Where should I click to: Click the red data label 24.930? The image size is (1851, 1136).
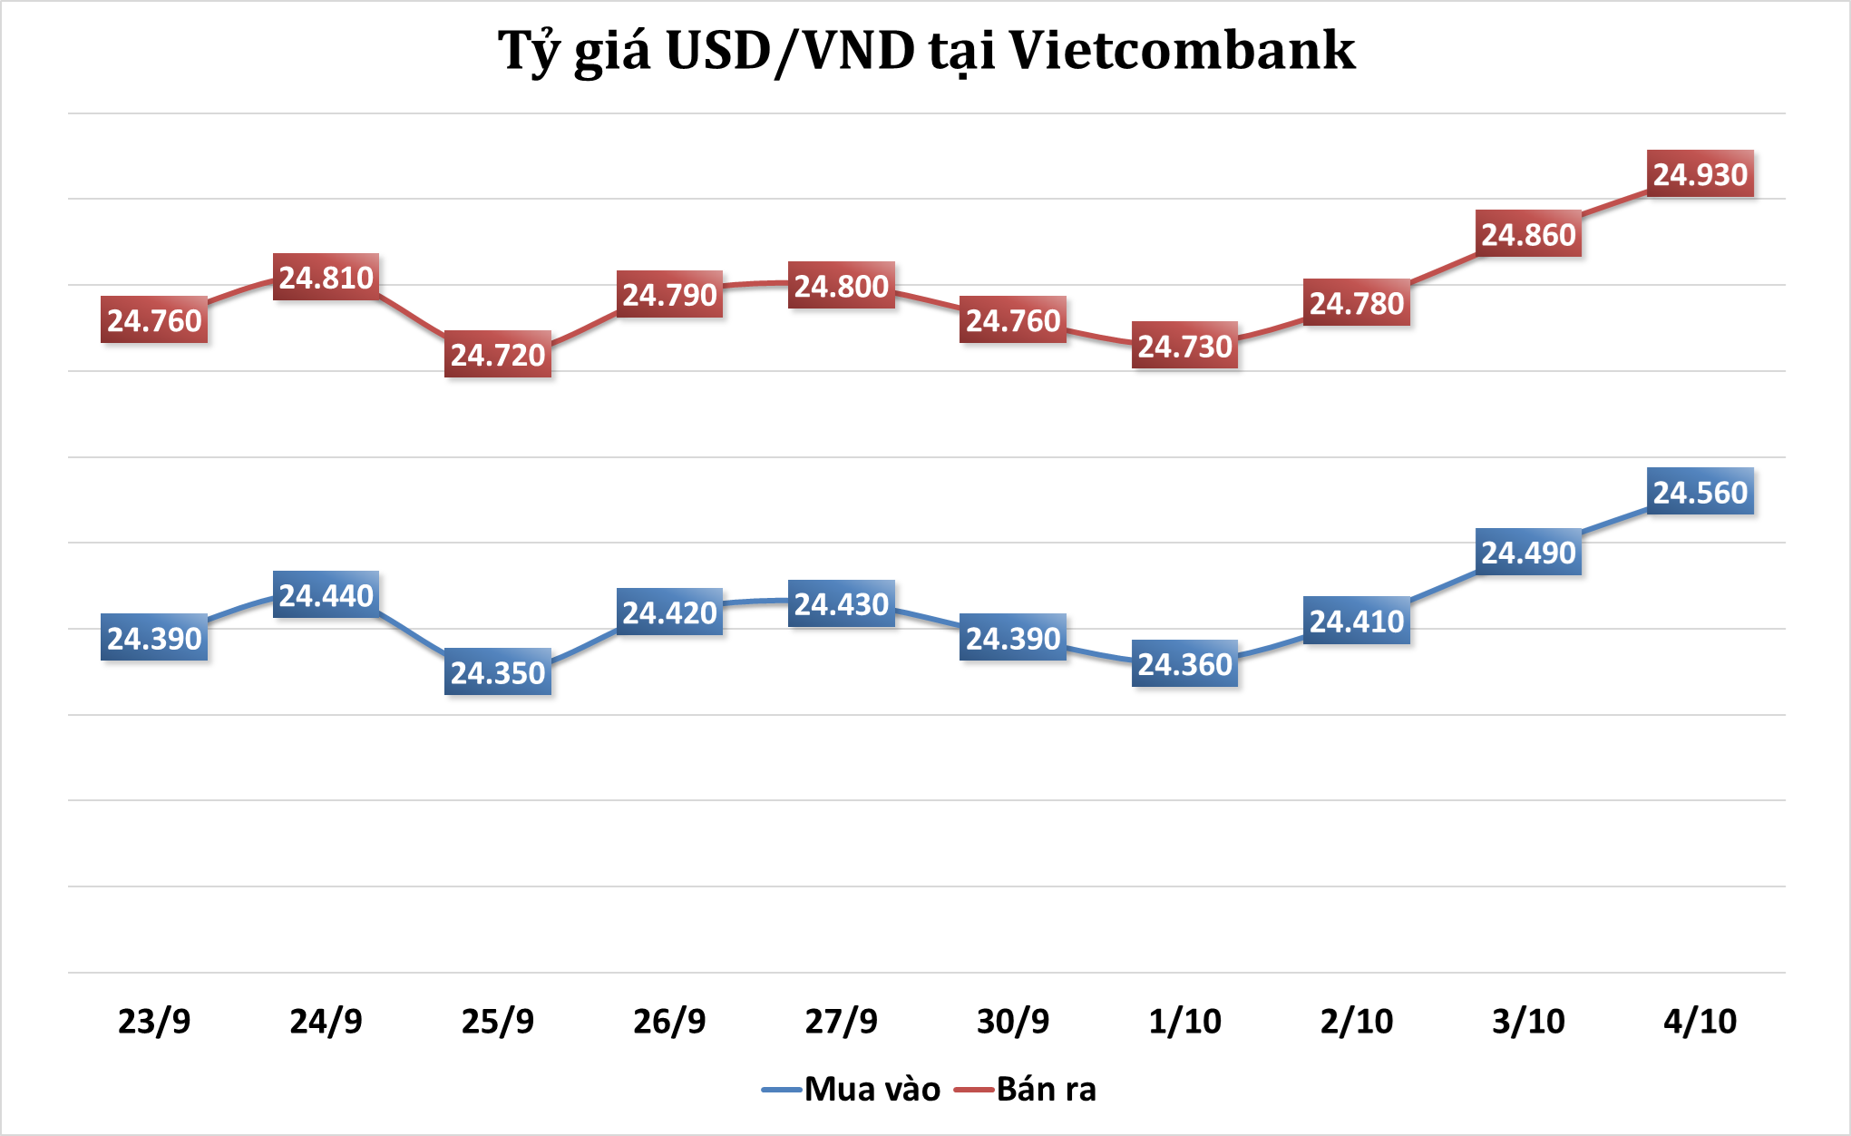pos(1700,173)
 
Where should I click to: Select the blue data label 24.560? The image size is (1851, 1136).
pos(1700,492)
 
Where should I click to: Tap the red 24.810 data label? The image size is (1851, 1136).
pos(326,277)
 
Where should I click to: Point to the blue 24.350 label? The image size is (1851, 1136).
pos(497,672)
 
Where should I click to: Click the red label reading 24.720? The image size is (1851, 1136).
pos(497,354)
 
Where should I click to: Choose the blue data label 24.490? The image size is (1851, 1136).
pos(1528,552)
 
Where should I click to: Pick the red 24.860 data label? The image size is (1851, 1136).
pos(1528,234)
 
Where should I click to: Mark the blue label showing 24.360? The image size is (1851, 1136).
pos(1184,664)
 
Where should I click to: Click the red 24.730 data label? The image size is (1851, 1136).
pos(1184,346)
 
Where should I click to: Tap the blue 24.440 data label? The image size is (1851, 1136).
pos(326,595)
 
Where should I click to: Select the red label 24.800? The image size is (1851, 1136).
pos(841,286)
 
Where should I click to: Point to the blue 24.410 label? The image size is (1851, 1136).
pos(1356,621)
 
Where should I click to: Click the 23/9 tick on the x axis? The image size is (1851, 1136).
pos(154,1022)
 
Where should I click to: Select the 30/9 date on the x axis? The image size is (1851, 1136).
pos(1013,1022)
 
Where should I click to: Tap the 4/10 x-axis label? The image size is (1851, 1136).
pos(1700,1022)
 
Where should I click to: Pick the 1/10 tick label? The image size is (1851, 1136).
pos(1184,1022)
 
